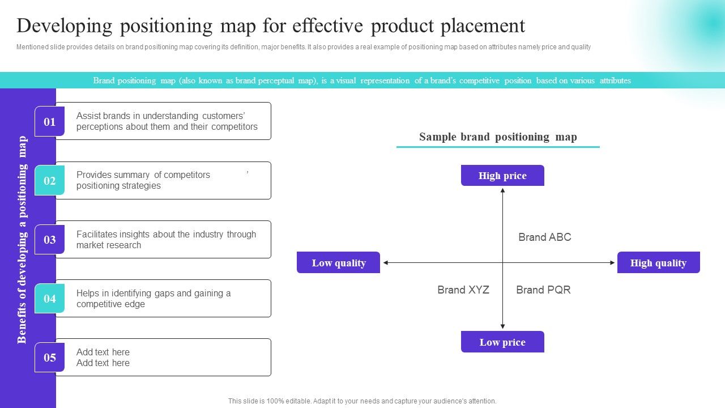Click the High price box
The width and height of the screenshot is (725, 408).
click(502, 176)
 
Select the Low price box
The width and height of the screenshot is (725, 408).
click(502, 342)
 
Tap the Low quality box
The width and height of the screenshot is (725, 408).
click(338, 262)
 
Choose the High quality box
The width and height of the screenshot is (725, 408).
click(658, 262)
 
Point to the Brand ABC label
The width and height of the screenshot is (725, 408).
click(544, 237)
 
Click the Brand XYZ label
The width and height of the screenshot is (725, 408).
click(463, 290)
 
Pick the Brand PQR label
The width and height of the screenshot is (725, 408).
click(543, 290)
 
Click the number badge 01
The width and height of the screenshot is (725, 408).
click(50, 121)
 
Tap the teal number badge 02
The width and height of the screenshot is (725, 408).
click(50, 180)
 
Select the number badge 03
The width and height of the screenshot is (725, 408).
click(50, 239)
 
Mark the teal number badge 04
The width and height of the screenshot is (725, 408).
click(50, 298)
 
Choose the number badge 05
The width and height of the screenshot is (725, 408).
click(50, 357)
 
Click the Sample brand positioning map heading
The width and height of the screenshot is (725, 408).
click(498, 137)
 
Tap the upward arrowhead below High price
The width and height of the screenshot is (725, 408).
click(502, 191)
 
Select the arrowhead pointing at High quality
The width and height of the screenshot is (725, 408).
click(612, 262)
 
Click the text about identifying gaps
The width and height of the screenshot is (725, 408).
click(153, 299)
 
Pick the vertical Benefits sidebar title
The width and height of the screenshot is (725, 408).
click(22, 239)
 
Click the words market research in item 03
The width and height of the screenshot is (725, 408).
click(109, 245)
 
